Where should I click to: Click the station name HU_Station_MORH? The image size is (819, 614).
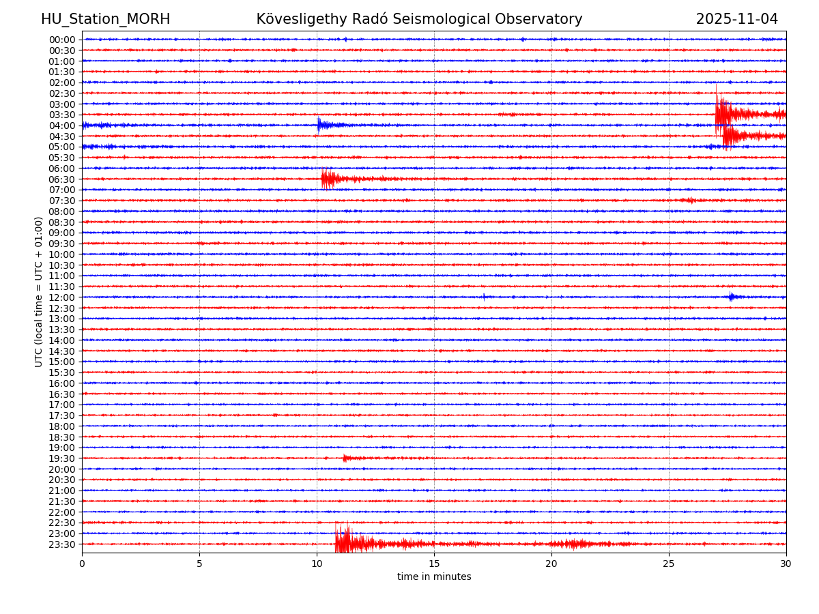105,19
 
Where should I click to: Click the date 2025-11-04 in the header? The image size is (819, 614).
736,19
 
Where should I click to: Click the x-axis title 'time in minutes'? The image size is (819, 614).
434,577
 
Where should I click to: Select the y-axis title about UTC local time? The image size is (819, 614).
39,291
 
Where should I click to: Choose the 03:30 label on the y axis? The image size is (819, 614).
62,115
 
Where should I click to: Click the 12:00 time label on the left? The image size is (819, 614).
62,297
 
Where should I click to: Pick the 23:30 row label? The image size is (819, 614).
62,544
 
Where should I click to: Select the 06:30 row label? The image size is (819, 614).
62,179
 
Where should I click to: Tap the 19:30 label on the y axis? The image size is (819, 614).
62,458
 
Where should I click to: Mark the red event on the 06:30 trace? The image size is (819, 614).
328,179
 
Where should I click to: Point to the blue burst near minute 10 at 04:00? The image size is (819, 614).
321,125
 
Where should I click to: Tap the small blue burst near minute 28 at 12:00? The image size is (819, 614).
732,297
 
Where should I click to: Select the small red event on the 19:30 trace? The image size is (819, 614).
347,458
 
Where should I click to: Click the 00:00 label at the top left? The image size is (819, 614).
62,40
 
